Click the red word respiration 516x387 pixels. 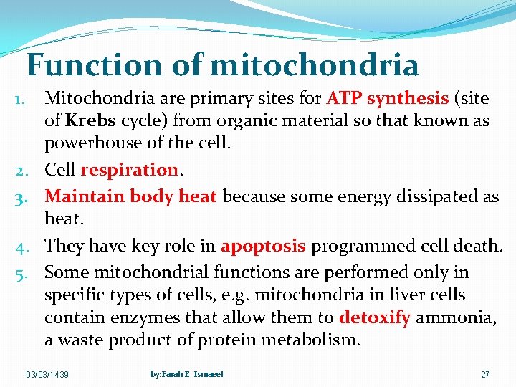point(129,171)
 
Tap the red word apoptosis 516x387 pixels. point(263,247)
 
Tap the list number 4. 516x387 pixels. point(20,247)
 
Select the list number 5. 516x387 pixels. point(20,273)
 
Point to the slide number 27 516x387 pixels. point(485,376)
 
